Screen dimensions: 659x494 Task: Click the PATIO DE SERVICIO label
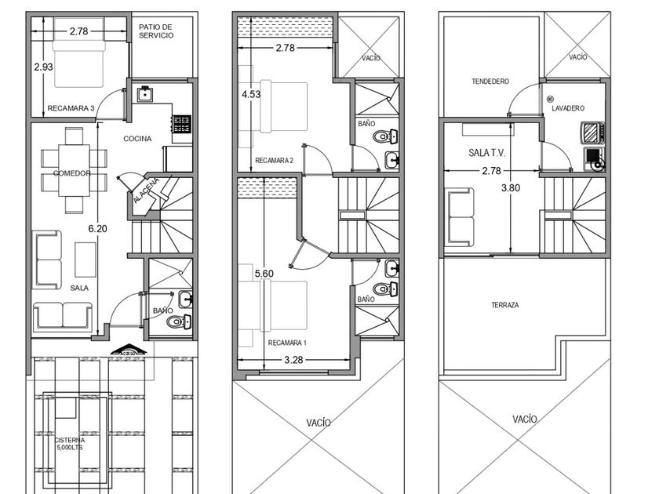tap(156, 31)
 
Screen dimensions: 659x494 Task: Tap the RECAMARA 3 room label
tap(71, 108)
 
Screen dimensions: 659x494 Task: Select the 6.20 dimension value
tap(97, 228)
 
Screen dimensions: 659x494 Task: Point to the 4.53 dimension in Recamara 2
tap(251, 94)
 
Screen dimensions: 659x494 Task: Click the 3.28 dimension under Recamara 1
tap(293, 360)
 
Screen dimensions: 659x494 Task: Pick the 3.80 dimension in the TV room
tap(511, 187)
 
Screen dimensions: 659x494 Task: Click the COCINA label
tap(137, 139)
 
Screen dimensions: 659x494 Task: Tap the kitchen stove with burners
tap(182, 124)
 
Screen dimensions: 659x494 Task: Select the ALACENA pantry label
tap(147, 191)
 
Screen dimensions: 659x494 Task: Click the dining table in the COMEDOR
tap(74, 170)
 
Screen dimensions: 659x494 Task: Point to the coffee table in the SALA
tap(86, 260)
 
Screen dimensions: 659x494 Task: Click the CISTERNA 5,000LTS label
tap(70, 444)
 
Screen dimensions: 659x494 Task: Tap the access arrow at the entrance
tap(128, 350)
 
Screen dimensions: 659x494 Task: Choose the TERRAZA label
tap(505, 305)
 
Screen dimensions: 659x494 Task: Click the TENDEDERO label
tap(490, 81)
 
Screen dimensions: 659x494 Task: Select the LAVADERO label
tap(568, 108)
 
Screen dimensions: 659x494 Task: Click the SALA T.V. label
tap(486, 152)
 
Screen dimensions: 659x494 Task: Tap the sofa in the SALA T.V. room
tap(460, 216)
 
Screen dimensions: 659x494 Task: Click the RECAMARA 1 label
tap(287, 343)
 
